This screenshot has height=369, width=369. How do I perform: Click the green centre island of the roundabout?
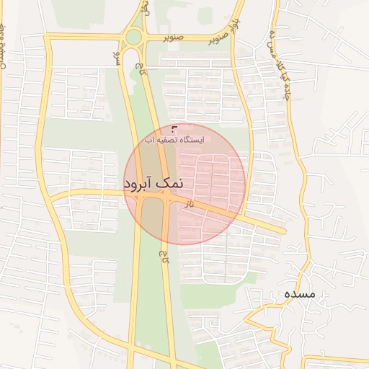[133, 37]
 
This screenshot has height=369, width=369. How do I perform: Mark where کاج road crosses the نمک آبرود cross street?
[168, 197]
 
